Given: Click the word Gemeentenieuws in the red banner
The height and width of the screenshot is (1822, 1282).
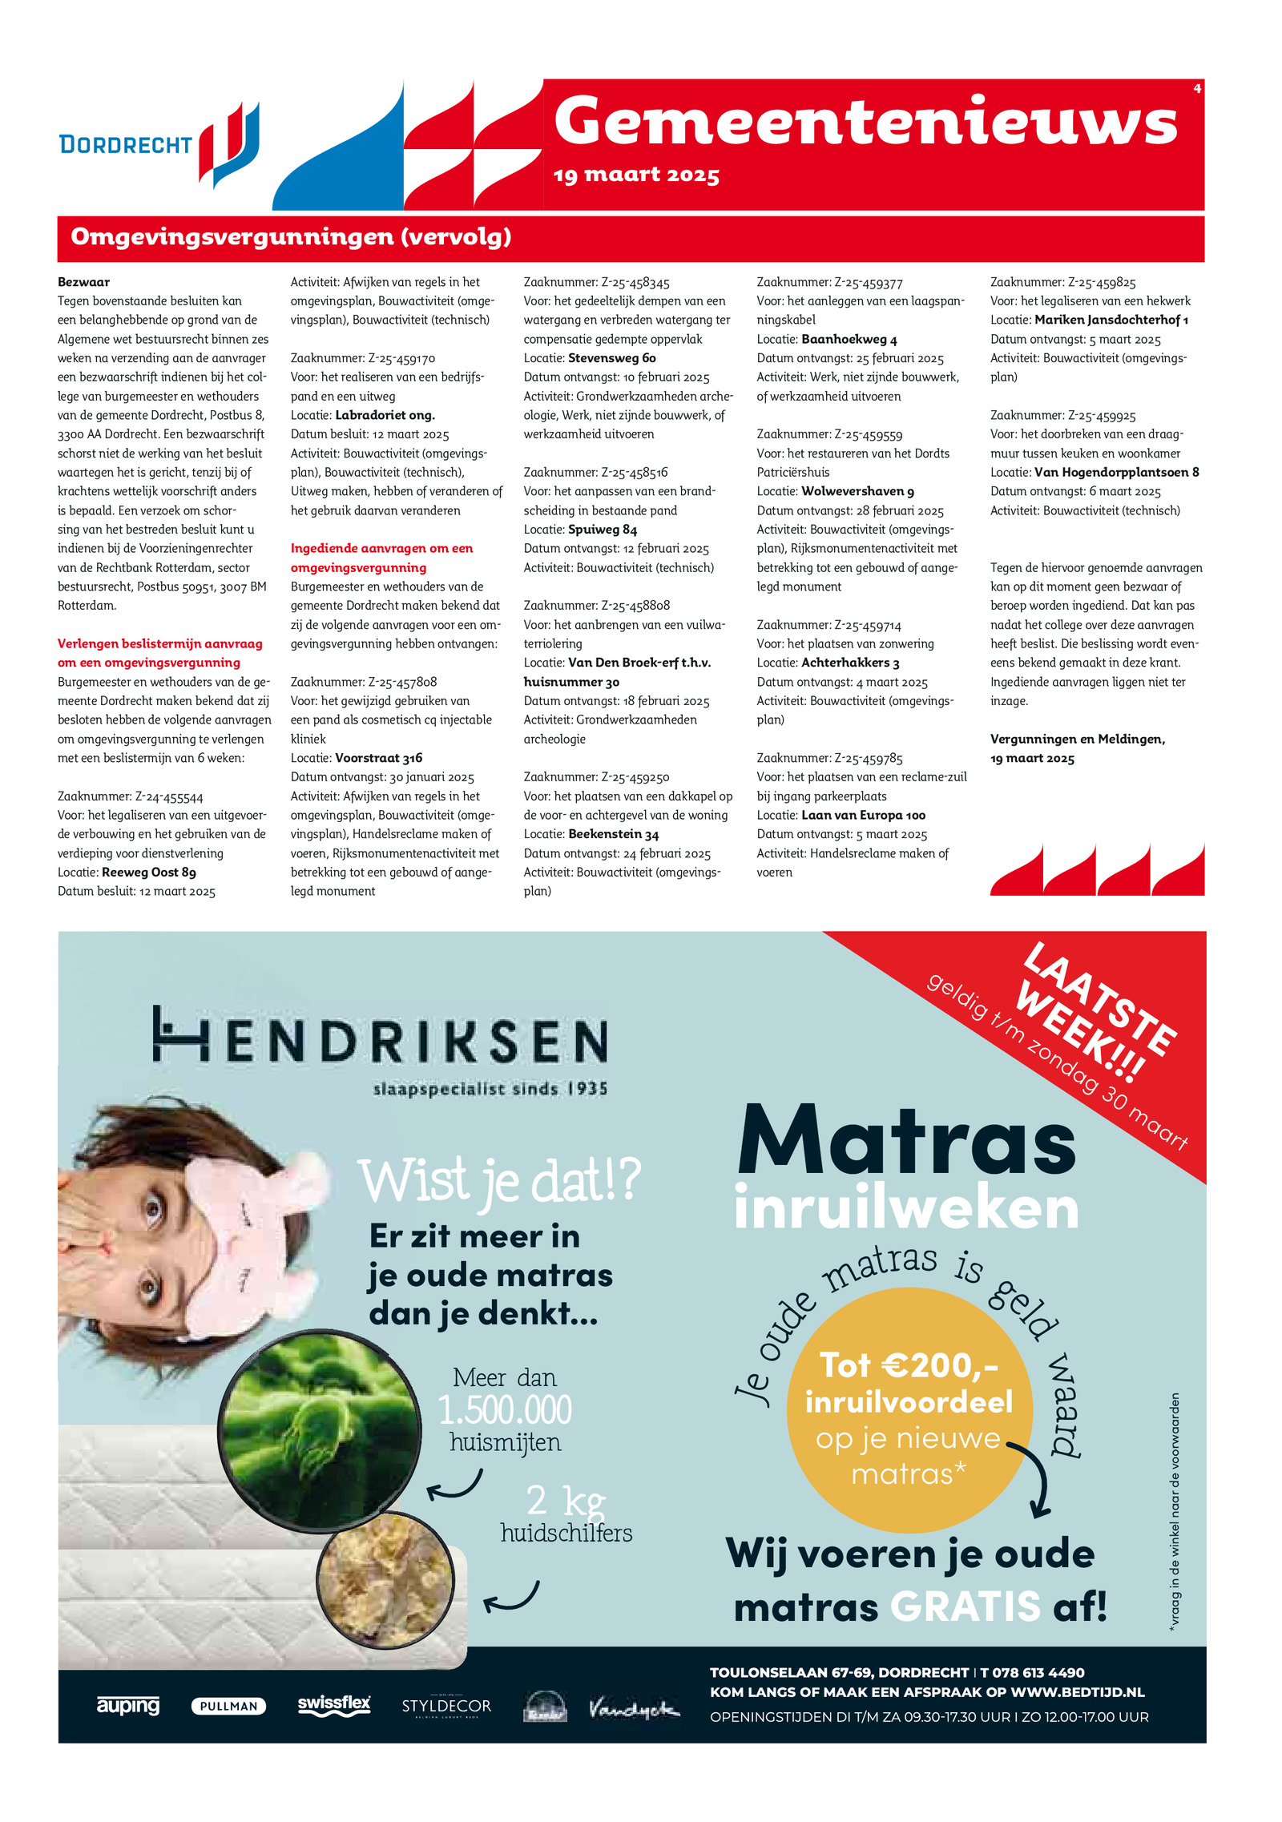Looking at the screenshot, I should coord(865,122).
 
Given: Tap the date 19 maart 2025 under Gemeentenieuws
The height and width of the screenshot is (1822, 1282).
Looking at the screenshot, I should coord(636,175).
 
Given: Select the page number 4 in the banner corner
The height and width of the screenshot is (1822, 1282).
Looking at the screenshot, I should coord(1197,88).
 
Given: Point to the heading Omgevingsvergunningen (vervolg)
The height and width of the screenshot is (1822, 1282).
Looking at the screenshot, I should coord(291,237).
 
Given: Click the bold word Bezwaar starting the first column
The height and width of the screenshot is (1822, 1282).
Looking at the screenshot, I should coord(83,282).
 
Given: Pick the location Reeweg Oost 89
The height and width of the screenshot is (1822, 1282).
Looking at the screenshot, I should coord(149,873).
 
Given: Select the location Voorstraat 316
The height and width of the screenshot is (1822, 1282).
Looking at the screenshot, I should coord(378,758).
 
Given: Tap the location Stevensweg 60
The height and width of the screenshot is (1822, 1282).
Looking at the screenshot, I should coord(611,358).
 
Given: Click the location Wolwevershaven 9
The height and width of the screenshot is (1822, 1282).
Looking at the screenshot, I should coord(857,491).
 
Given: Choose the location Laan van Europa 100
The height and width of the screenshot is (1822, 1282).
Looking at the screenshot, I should coord(863,816).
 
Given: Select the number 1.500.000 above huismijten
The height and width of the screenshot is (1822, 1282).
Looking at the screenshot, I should coord(505,1411).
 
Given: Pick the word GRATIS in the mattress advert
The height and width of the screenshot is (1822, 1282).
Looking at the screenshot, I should coord(965,1607).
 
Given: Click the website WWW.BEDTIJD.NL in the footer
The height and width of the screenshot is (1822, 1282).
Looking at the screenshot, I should coord(1077,1692).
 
